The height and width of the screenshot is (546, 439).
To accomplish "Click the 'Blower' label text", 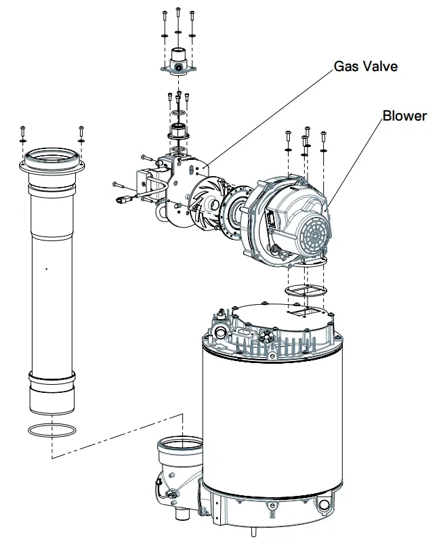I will coord(404,116).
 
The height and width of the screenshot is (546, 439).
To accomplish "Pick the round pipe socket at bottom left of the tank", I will coord(179,450).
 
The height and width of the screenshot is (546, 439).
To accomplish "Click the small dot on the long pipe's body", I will coord(46,270).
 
